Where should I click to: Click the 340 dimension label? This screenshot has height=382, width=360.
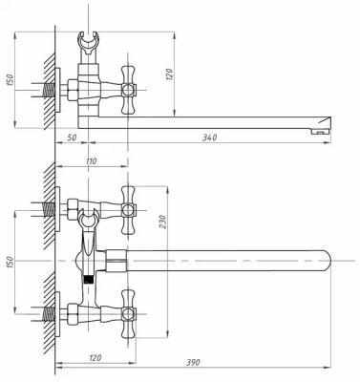pyautogui.click(x=210, y=138)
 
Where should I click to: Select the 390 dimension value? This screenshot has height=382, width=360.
pyautogui.click(x=193, y=362)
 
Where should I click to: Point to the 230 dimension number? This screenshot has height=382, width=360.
pyautogui.click(x=162, y=222)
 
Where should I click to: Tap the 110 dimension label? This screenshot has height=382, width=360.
pyautogui.click(x=91, y=161)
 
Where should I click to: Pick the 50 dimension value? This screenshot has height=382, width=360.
pyautogui.click(x=72, y=138)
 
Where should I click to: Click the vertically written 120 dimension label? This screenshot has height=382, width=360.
pyautogui.click(x=169, y=74)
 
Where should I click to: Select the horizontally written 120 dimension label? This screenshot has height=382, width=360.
pyautogui.click(x=95, y=358)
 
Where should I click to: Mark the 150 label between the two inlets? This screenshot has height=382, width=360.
pyautogui.click(x=10, y=262)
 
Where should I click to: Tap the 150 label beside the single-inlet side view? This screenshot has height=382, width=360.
pyautogui.click(x=11, y=79)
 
